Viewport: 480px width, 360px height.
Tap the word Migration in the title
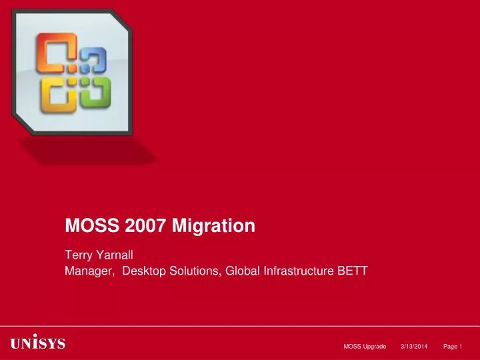click(x=214, y=226)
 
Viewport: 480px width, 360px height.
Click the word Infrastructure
click(x=298, y=271)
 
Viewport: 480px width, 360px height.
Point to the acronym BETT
click(x=354, y=271)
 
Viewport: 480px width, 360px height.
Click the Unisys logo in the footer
click(x=37, y=344)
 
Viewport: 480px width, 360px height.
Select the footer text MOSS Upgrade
click(x=365, y=345)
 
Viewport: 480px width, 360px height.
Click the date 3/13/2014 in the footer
click(x=414, y=345)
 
